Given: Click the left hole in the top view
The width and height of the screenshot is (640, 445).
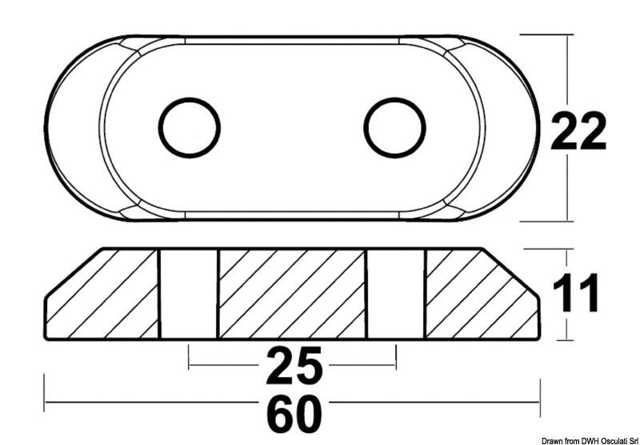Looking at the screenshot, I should (190, 127).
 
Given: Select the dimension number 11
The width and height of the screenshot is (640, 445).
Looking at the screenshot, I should (575, 295).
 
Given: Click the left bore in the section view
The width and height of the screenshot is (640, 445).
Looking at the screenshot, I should (188, 294).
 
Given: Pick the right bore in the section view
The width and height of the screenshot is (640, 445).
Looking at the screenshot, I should (395, 294).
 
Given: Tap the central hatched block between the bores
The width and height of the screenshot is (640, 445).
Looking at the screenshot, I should (292, 294).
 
